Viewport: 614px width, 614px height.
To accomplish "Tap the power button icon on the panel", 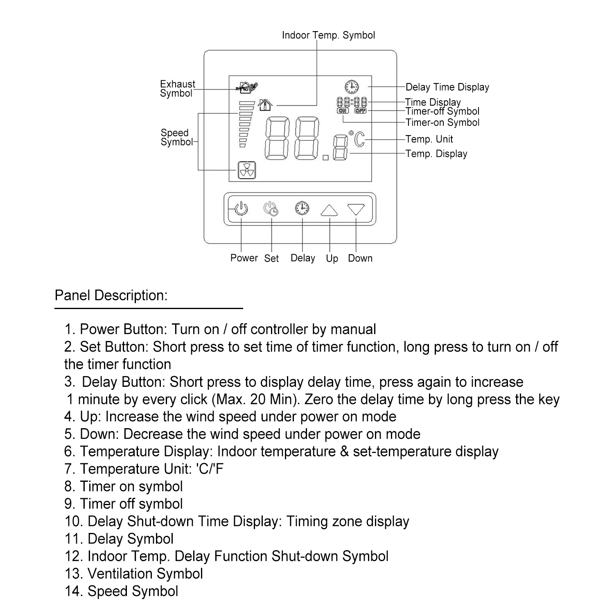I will tap(241, 209).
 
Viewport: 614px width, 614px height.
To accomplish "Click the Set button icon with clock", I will tap(271, 209).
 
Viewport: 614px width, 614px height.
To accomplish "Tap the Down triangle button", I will tap(356, 209).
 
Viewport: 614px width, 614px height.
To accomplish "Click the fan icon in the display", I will tap(247, 170).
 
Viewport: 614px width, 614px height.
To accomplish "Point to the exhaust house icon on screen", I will tap(247, 87).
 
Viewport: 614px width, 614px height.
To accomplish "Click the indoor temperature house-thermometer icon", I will tap(266, 105).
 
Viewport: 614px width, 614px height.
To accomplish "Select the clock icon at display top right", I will tap(352, 86).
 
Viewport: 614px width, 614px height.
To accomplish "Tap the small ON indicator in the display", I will tap(343, 111).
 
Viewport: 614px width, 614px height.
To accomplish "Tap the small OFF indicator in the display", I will tap(361, 111).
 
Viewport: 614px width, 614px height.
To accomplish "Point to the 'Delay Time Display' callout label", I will tap(447, 87).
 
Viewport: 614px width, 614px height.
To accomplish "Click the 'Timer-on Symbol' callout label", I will tap(442, 122).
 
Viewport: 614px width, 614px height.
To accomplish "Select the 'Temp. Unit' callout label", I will tap(429, 139).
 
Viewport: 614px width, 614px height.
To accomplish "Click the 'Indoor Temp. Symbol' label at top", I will tap(328, 35).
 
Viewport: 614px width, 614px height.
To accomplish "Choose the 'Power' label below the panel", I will tap(244, 258).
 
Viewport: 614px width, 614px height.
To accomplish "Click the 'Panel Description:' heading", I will tap(111, 296).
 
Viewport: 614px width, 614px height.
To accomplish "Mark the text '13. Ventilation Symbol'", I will tap(133, 573).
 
